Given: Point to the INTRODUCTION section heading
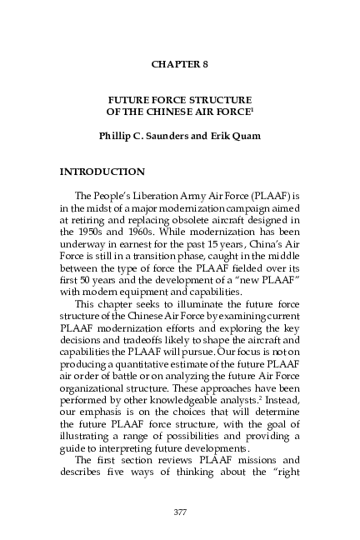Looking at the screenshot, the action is point(102,172).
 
